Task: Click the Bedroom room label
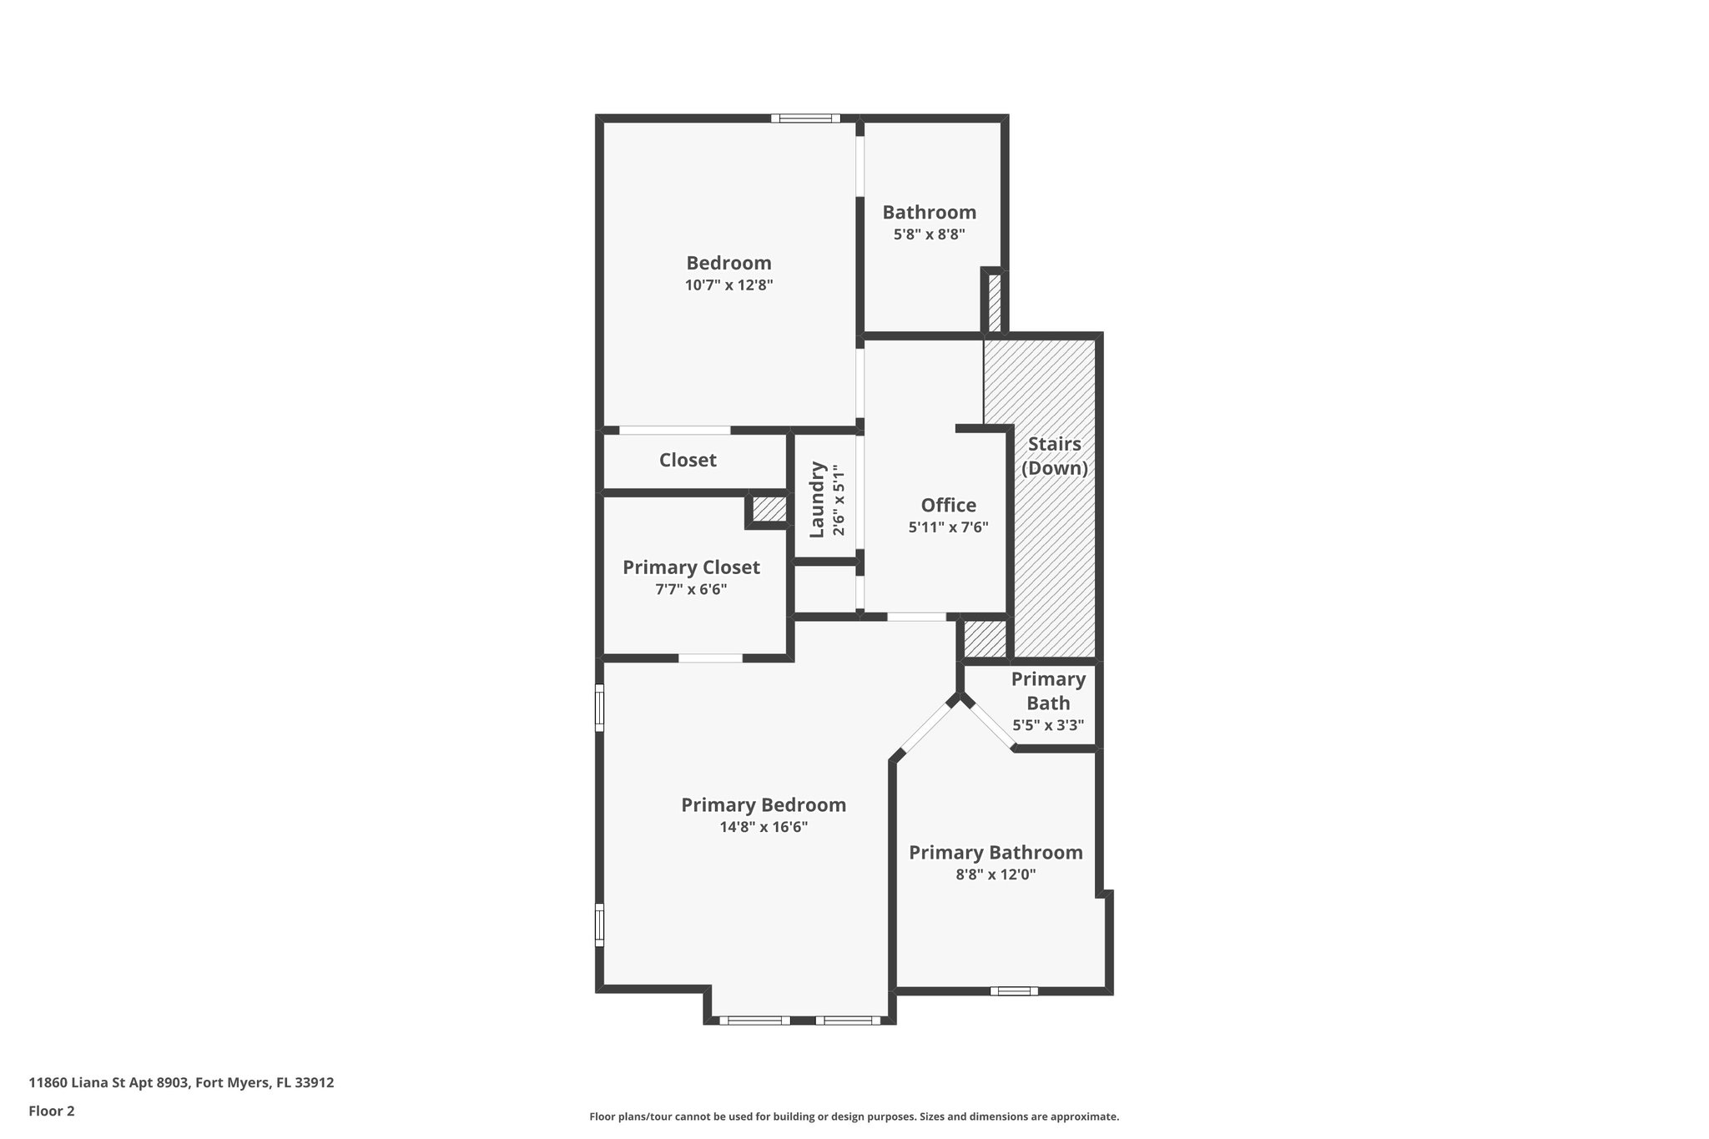pos(728,263)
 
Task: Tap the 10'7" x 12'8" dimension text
pos(728,285)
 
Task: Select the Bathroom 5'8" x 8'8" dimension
pos(929,235)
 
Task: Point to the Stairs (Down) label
pos(1055,456)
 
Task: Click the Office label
pos(948,505)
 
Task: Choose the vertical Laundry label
pos(817,499)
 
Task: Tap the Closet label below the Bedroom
pos(688,460)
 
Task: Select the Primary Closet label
pos(691,567)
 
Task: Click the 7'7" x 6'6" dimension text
pos(691,590)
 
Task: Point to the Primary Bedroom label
pos(764,805)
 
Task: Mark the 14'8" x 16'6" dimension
pos(764,828)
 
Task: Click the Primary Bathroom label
pos(996,853)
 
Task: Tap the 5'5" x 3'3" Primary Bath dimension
pos(1048,726)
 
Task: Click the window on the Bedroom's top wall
pos(805,118)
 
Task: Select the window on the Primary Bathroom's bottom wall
pos(1014,991)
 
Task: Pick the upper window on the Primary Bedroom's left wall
pos(599,708)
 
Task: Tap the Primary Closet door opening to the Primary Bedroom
pos(710,658)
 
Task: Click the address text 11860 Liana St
pos(181,1083)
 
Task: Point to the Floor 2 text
pos(52,1111)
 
